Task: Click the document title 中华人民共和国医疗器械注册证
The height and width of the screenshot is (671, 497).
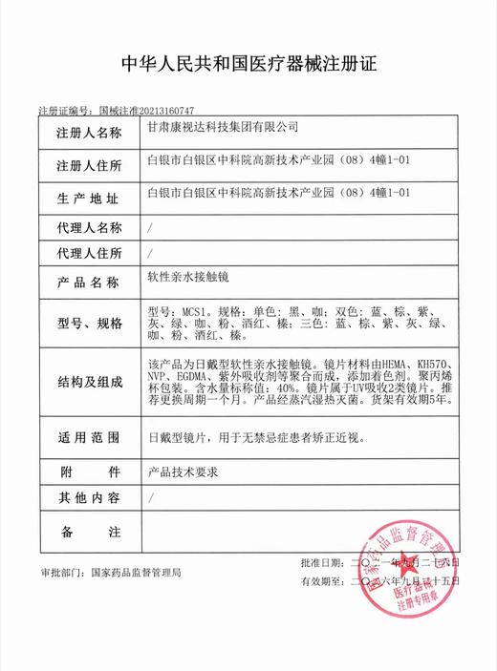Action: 248,66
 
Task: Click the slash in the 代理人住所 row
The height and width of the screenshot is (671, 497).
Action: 151,254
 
